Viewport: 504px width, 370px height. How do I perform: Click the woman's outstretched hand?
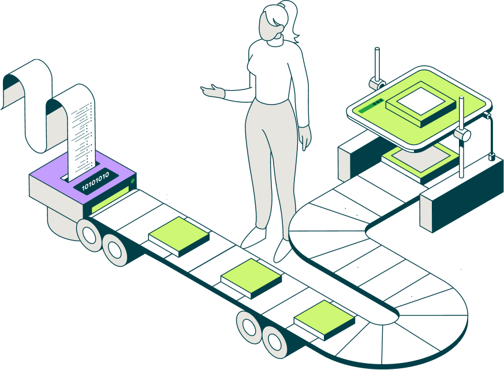coord(213,91)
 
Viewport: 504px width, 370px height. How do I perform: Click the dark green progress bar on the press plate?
coord(369,106)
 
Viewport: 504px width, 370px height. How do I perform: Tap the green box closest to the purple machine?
coord(179,235)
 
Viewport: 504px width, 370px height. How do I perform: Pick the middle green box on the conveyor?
coord(251,278)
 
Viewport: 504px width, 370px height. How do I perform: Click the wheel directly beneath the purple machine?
coord(89,234)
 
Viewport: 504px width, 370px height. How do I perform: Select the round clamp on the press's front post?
coord(462,136)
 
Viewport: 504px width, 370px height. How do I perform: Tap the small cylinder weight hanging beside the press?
coord(491,156)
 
